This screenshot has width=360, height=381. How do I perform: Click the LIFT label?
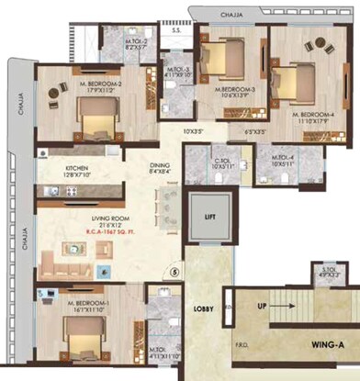(x=208, y=217)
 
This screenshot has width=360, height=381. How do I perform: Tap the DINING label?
(x=161, y=165)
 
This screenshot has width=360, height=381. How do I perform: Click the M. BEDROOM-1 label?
(x=85, y=300)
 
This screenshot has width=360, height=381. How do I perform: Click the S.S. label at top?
(x=175, y=30)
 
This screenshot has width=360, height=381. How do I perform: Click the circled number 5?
(x=179, y=272)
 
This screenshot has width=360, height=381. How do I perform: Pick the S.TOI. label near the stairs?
(x=327, y=269)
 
